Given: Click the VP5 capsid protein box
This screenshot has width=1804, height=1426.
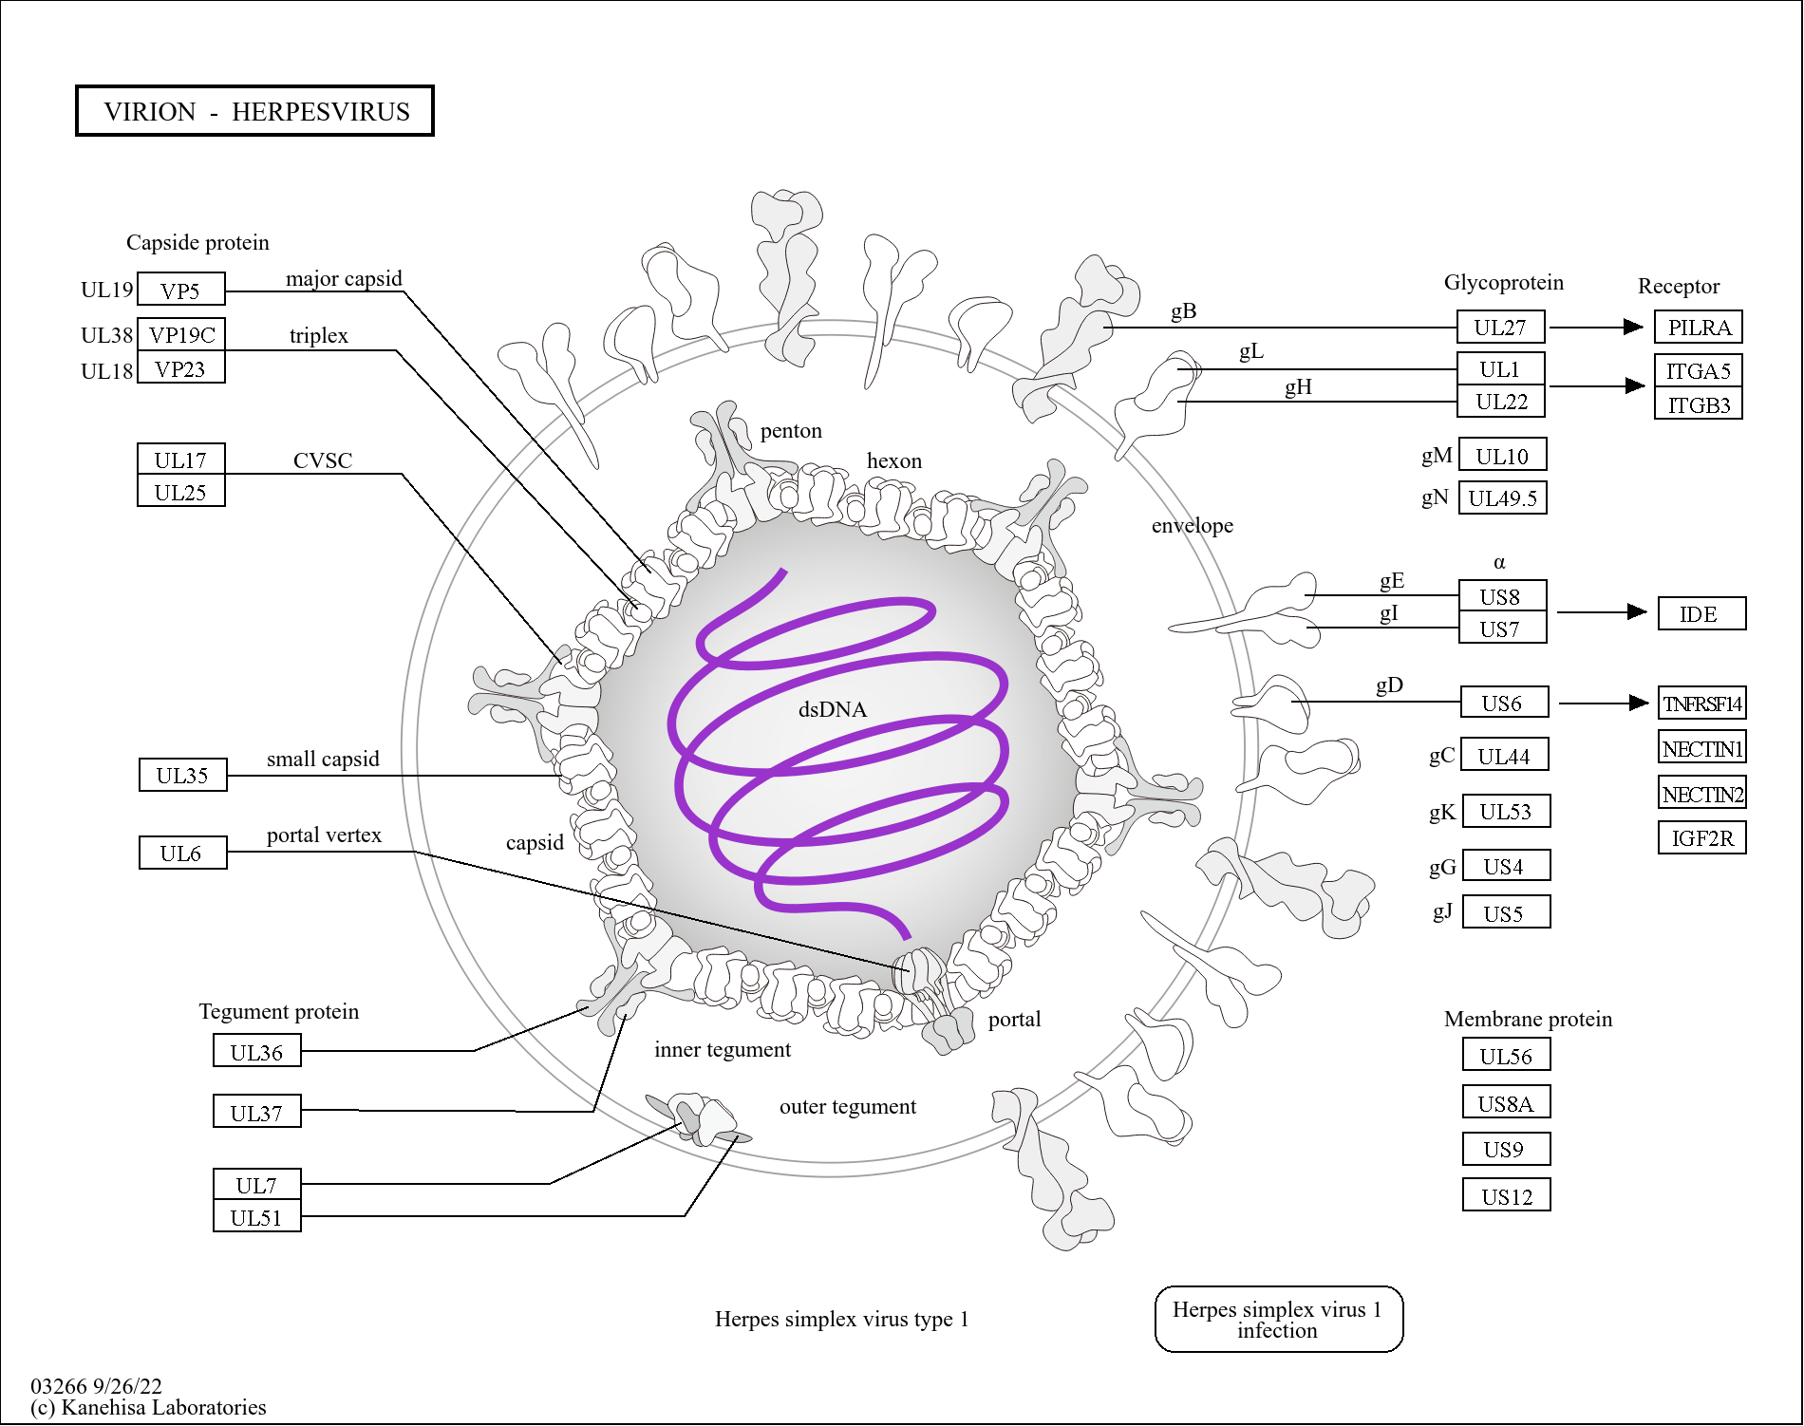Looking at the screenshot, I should tap(180, 290).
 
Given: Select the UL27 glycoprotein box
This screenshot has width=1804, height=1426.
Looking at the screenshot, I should tap(1500, 328).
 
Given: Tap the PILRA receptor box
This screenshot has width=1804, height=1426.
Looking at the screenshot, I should tap(1699, 328).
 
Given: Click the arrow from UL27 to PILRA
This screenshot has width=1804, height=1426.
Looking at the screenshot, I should tap(1596, 328).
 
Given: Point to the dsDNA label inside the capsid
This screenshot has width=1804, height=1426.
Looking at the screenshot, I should tap(832, 709).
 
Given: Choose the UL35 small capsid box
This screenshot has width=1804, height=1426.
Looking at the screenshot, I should tap(182, 776).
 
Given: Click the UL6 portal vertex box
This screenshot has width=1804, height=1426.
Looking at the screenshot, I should tap(181, 854).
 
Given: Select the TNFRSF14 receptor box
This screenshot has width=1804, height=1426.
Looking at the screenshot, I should tap(1701, 704).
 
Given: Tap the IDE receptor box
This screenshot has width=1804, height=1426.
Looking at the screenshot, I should tap(1701, 614).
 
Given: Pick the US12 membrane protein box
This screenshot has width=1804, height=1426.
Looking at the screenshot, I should tap(1507, 1196).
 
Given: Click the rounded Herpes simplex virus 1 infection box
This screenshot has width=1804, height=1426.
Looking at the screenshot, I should tap(1278, 1319).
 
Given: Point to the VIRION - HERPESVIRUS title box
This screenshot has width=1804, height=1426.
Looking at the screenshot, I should tap(255, 111).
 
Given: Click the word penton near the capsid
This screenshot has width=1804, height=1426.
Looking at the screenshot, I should tap(790, 431).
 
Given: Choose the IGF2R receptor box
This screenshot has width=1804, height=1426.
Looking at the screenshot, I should tap(1701, 838).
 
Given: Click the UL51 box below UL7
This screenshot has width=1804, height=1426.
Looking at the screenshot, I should tap(256, 1217).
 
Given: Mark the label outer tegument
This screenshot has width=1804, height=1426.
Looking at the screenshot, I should tap(847, 1107).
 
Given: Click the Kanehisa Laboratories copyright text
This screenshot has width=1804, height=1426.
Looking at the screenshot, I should tap(148, 1407).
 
